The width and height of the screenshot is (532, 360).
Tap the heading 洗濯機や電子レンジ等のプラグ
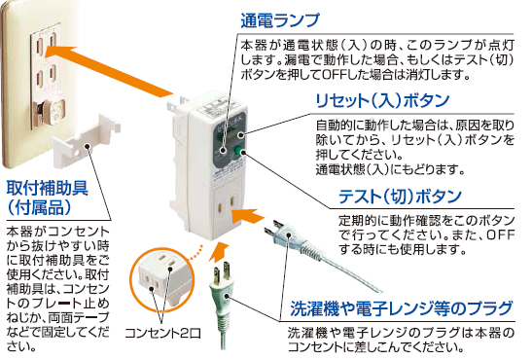401,310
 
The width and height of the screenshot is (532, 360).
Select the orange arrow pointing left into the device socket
259,216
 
